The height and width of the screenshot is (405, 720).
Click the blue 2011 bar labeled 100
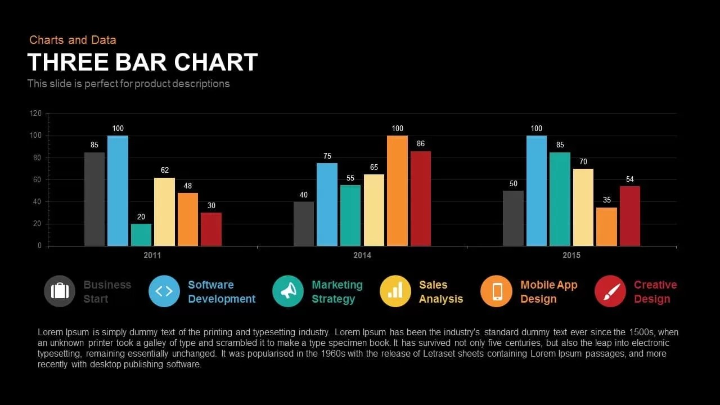pos(118,191)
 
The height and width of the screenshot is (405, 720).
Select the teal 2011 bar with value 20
pos(141,235)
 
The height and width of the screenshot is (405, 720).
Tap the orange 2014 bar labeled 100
pos(397,191)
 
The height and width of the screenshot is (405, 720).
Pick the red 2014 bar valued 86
pos(421,199)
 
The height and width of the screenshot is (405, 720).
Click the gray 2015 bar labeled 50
pos(513,218)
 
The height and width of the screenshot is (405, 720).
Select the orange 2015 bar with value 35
pos(606,227)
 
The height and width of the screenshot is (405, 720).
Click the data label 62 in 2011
pos(165,170)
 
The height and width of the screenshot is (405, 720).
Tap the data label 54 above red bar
pos(630,179)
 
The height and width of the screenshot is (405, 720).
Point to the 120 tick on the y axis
pos(35,114)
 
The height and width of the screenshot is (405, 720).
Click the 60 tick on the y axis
pos(37,180)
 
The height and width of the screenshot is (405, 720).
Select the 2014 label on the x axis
pos(362,255)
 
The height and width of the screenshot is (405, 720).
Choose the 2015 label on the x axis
pos(571,255)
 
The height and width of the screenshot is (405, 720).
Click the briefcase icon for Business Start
pos(60,291)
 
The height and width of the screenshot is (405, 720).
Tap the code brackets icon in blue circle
pos(164,291)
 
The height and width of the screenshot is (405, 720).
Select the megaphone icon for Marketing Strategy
pos(288,291)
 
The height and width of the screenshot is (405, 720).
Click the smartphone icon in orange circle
pos(497,291)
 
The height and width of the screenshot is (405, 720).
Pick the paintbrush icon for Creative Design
pos(610,291)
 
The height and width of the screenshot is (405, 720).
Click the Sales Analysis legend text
pos(440,292)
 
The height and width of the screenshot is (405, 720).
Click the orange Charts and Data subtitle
pos(73,40)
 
